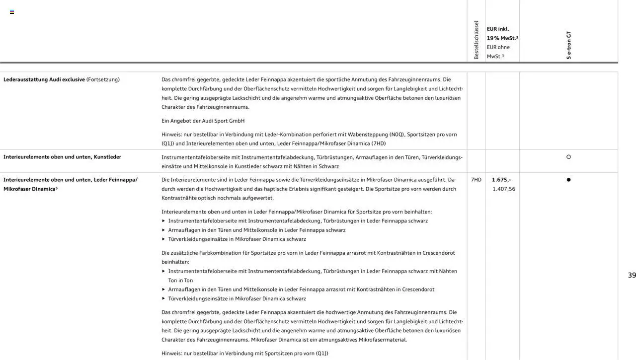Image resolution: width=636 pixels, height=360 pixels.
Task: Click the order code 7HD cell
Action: tap(476, 180)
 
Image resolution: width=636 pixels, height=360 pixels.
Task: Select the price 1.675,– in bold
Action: tap(501, 180)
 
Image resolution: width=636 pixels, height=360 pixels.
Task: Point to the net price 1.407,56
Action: tap(504, 189)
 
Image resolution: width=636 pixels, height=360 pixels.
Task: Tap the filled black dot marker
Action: tap(568, 180)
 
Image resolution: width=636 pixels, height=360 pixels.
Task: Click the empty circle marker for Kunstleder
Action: tap(568, 157)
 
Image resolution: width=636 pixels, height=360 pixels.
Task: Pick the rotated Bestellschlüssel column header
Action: tap(476, 40)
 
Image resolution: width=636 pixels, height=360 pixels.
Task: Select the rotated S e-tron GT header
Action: tap(568, 45)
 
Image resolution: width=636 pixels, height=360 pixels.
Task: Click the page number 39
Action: tap(632, 275)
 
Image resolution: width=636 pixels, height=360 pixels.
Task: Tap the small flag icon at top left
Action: tap(12, 12)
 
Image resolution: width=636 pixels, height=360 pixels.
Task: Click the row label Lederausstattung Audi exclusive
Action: tap(44, 79)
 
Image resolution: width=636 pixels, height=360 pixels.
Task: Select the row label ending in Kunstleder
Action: tap(62, 157)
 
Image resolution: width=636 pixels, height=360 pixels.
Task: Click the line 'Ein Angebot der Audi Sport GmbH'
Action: tap(203, 121)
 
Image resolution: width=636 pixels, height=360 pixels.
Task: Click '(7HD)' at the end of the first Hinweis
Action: tap(378, 144)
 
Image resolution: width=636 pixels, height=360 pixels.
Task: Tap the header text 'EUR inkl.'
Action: tap(498, 29)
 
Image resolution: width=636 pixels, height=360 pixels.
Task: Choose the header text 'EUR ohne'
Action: tap(498, 47)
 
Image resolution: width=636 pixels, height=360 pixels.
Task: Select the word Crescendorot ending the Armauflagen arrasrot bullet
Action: tap(418, 289)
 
